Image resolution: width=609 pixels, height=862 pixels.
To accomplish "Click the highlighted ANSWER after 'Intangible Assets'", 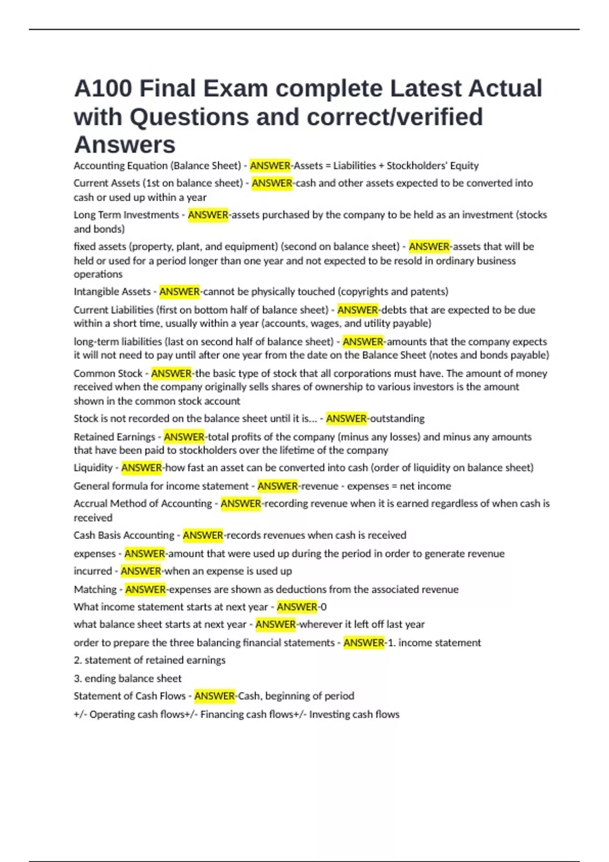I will pyautogui.click(x=180, y=292).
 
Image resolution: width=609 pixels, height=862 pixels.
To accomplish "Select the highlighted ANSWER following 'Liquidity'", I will pyautogui.click(x=142, y=468).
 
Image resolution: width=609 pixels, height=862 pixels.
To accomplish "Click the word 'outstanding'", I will pyautogui.click(x=397, y=419).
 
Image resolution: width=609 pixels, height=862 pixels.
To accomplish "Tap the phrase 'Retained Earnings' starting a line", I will pyautogui.click(x=114, y=437).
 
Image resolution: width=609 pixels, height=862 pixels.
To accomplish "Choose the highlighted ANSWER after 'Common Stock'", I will pyautogui.click(x=172, y=374).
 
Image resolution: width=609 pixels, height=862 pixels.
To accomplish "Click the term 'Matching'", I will pyautogui.click(x=95, y=590).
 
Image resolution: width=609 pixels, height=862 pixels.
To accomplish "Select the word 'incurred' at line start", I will pyautogui.click(x=92, y=571).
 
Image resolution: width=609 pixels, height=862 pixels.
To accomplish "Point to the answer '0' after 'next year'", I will pyautogui.click(x=324, y=607).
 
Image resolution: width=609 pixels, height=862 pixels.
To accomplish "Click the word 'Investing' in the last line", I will pyautogui.click(x=330, y=714).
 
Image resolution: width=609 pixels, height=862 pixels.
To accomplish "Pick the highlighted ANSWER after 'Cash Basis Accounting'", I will pyautogui.click(x=203, y=535).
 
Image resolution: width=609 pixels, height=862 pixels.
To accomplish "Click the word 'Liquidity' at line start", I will pyautogui.click(x=93, y=468).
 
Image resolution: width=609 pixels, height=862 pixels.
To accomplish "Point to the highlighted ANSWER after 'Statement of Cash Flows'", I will pyautogui.click(x=215, y=696).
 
